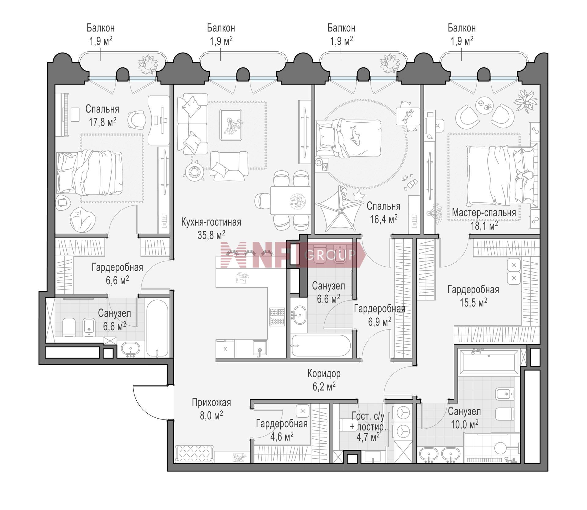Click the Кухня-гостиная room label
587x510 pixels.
coord(211,222)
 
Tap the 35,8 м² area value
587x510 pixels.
coord(211,235)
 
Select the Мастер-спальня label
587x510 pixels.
coord(484,212)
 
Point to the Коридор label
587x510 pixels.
coord(324,373)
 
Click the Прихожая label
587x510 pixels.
coord(211,402)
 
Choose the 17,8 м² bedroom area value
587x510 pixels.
coord(102,122)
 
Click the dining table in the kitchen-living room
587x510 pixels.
coord(290,201)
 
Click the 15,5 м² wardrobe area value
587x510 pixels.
coord(473,302)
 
